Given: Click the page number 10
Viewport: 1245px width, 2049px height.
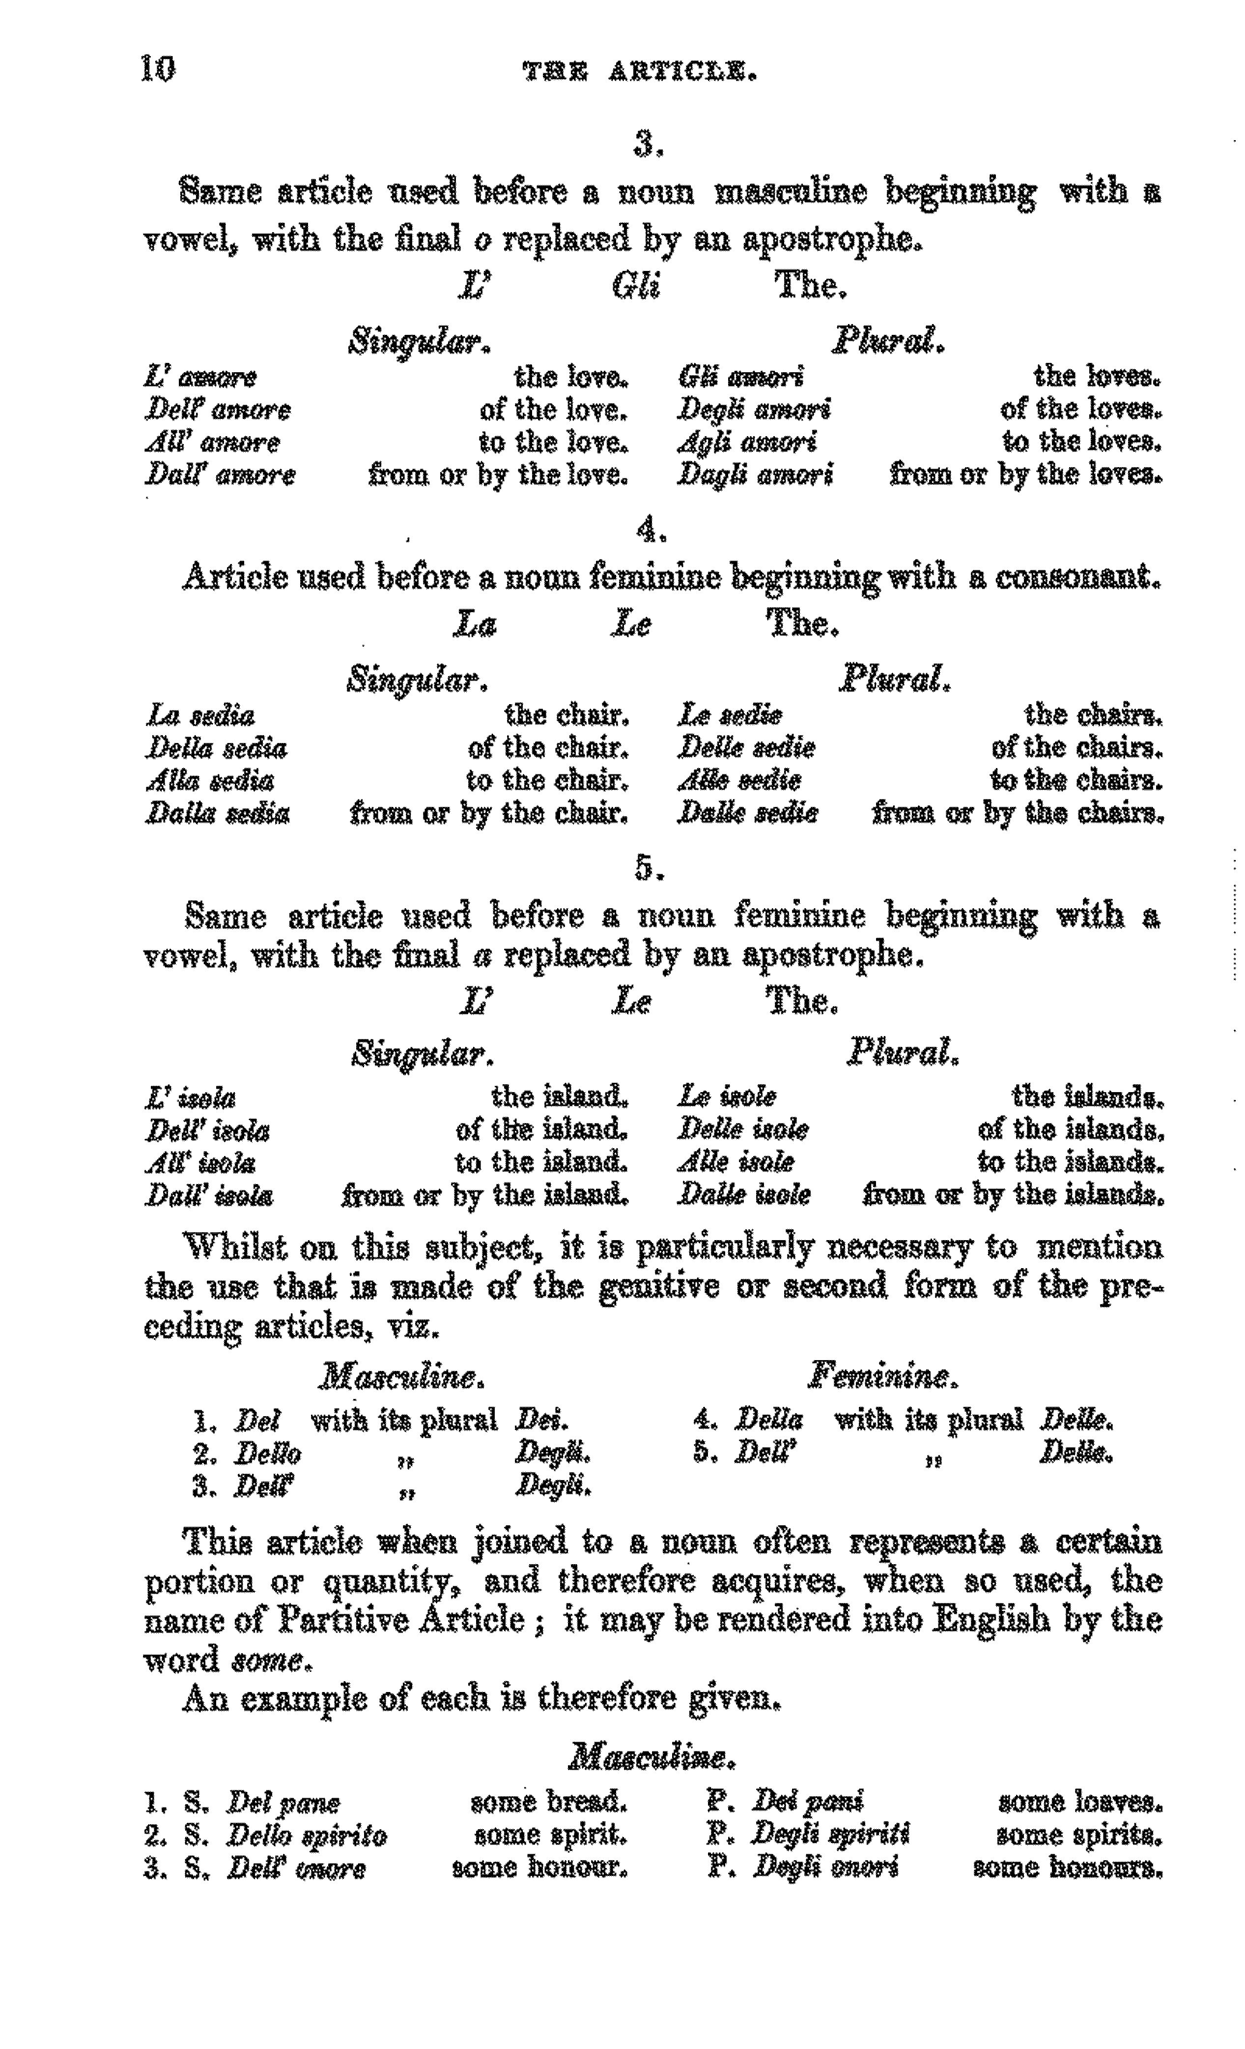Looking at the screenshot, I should (x=158, y=68).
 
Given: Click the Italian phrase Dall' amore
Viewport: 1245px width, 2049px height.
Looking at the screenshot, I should (x=220, y=475).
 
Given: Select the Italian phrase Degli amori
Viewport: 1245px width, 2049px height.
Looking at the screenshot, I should (x=754, y=409).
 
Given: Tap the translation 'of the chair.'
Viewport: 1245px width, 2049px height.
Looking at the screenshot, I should (x=548, y=747).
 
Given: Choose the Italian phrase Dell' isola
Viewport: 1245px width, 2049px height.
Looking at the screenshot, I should (x=208, y=1130).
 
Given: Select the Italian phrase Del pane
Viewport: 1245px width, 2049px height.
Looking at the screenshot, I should (x=283, y=1803).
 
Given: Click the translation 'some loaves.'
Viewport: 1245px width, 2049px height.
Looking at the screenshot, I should (x=1079, y=1802).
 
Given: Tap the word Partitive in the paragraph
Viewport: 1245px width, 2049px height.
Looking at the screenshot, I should (x=342, y=1620).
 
